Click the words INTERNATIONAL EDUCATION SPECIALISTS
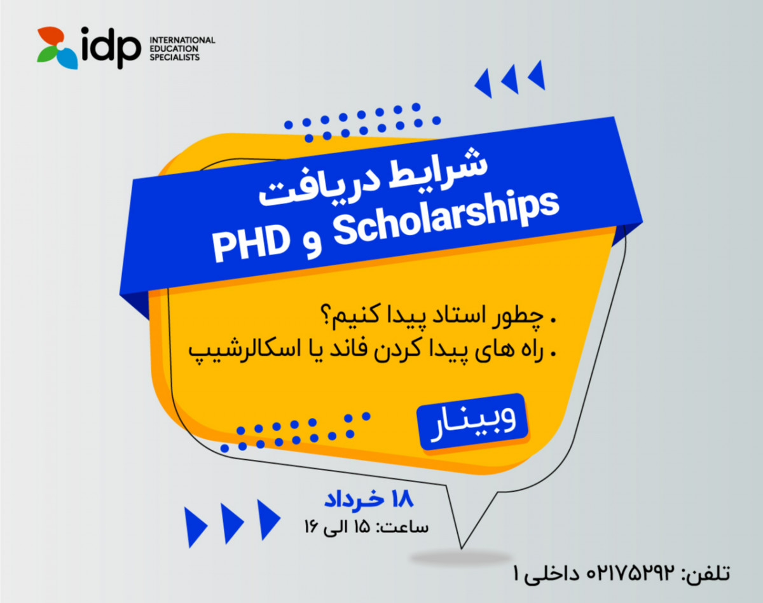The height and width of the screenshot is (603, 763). pyautogui.click(x=181, y=48)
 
